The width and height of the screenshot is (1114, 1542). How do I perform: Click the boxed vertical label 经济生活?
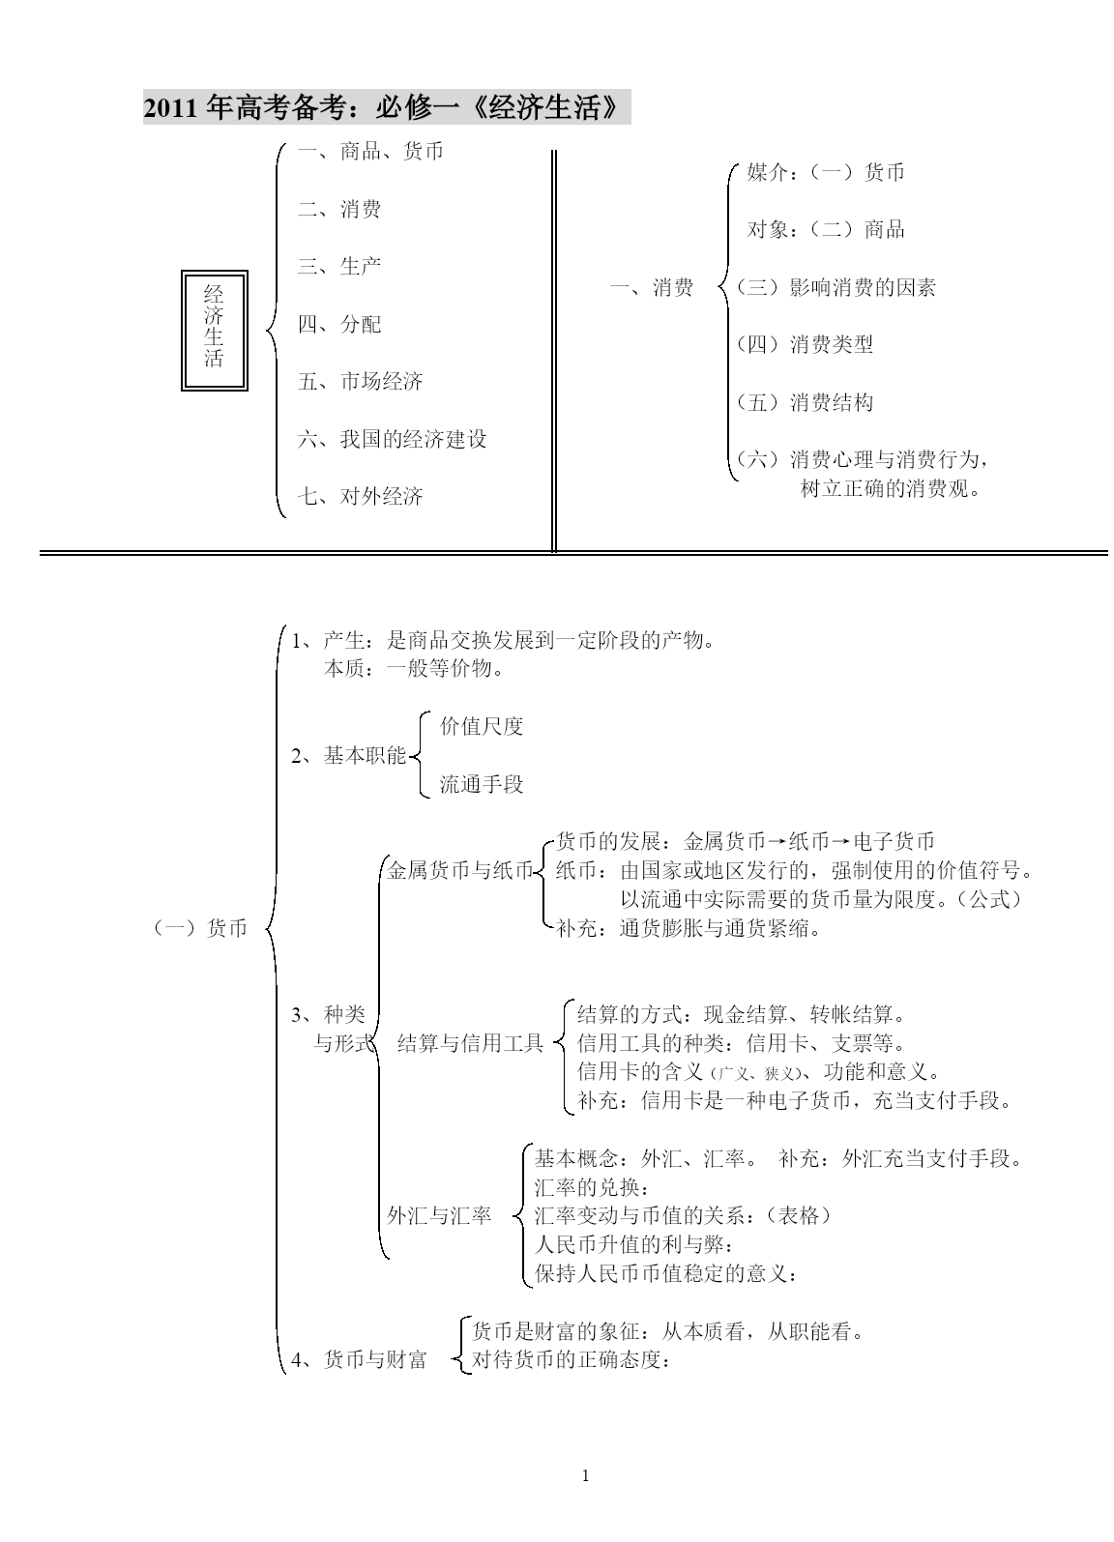coord(214,330)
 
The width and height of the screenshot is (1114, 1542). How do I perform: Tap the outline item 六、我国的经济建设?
coord(393,439)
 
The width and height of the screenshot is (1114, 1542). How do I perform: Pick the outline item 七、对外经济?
coord(361,496)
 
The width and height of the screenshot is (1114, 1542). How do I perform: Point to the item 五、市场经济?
coord(361,381)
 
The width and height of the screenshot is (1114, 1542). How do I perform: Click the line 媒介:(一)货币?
coord(826,172)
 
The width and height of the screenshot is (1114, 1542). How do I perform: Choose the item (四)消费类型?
coord(805,344)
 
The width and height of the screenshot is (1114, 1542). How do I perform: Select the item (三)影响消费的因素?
coord(836,287)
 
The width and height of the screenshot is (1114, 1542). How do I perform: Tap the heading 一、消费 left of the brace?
coord(652,287)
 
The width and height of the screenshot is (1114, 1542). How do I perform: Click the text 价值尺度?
coord(482,726)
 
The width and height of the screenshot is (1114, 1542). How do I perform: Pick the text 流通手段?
coord(482,784)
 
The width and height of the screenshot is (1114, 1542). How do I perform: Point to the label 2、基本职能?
coord(349,756)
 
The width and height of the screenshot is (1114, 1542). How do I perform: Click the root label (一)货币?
coord(199,928)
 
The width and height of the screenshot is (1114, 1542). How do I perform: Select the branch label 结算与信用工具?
coord(471,1043)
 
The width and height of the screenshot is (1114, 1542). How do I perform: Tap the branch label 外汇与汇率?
coord(439,1215)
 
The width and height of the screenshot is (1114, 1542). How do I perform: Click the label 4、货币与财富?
coord(360,1359)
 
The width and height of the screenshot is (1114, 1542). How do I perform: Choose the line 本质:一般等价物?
coord(414,668)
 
